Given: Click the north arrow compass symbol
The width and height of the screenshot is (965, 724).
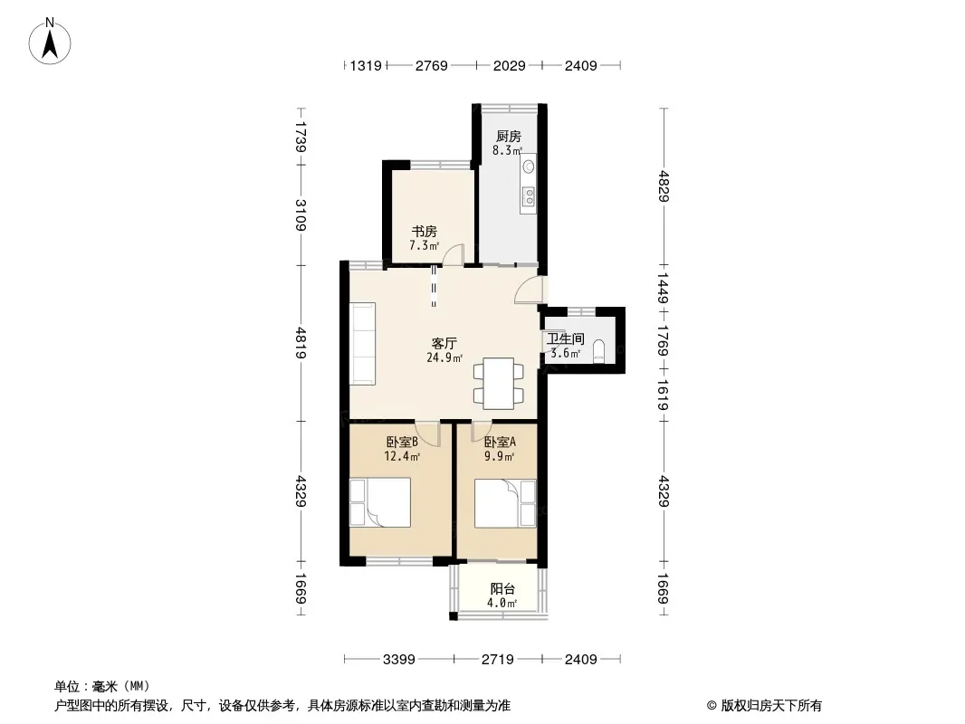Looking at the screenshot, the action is (x=50, y=42).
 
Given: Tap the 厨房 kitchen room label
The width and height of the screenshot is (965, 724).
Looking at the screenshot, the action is (x=509, y=137).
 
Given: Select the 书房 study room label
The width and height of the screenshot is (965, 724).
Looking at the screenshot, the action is (x=424, y=232).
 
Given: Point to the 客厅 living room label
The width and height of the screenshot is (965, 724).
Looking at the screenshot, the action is (x=444, y=343).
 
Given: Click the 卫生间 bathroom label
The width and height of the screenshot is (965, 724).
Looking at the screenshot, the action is (x=565, y=339).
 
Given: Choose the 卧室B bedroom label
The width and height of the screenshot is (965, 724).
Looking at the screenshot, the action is (x=403, y=442).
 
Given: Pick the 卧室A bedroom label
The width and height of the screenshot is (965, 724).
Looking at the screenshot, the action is (x=500, y=442).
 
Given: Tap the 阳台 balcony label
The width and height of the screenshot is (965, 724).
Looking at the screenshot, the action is (x=502, y=588).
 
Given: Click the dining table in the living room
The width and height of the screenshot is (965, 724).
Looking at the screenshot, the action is (x=499, y=384).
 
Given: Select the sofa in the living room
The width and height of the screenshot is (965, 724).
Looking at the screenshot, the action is (x=363, y=343).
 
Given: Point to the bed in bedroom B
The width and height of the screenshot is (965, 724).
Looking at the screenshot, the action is (x=380, y=502).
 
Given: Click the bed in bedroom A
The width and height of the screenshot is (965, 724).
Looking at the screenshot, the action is (x=505, y=503).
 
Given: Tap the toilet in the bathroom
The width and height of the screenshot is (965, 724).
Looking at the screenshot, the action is (x=598, y=352).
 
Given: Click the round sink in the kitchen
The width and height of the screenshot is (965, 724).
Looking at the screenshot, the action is (x=528, y=167).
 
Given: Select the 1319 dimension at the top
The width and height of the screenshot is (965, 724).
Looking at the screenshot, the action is (x=366, y=65).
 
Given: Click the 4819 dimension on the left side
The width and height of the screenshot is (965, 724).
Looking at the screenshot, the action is (x=301, y=343).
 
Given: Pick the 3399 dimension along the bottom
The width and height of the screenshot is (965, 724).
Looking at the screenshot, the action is (x=399, y=660).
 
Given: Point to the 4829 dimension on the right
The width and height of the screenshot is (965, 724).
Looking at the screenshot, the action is (x=664, y=186).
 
